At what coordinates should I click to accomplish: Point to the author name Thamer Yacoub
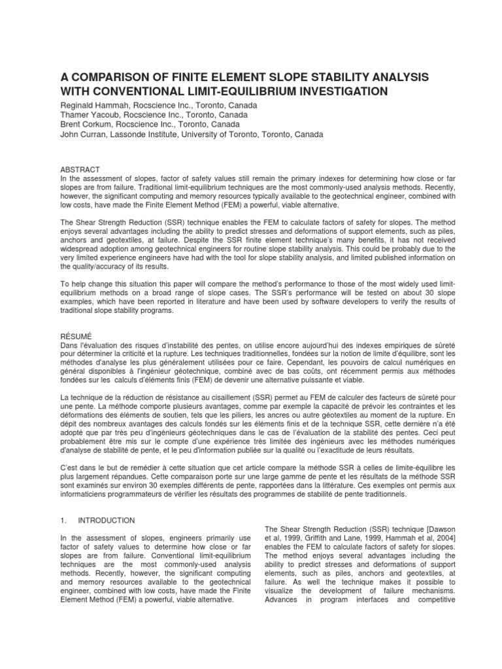[x=88, y=115]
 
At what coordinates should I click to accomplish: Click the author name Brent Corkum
[x=85, y=125]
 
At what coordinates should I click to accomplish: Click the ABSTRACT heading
[x=79, y=169]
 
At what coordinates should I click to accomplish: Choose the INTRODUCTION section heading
[x=107, y=521]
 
